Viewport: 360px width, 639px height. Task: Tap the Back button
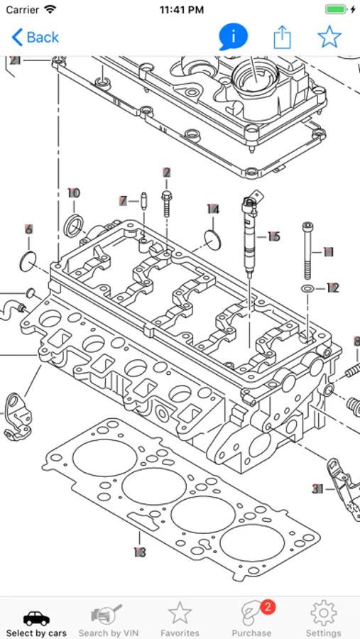(35, 38)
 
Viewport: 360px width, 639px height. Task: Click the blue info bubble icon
(233, 37)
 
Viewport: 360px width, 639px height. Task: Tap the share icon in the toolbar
(282, 38)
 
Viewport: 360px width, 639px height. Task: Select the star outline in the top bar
(329, 37)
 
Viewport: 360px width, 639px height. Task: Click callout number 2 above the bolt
(166, 173)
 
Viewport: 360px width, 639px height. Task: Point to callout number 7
(124, 201)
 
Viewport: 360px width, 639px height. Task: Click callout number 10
(74, 193)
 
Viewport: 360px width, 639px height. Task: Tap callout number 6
(28, 229)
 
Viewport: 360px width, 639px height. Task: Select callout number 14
(213, 209)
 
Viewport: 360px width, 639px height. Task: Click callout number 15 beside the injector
(273, 236)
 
